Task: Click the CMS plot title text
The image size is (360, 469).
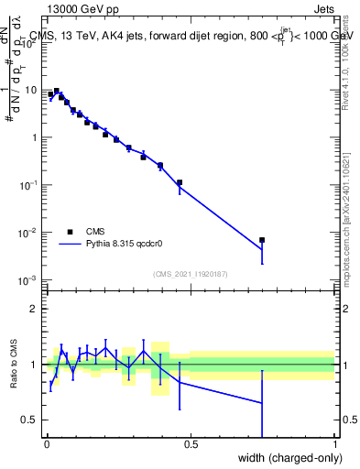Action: pyautogui.click(x=193, y=36)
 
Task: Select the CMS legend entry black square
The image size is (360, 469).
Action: pyautogui.click(x=70, y=232)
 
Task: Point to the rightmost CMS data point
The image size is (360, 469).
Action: pyautogui.click(x=262, y=240)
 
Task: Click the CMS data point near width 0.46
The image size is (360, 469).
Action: pyautogui.click(x=180, y=182)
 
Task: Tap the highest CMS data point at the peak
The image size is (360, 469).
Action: pyautogui.click(x=57, y=91)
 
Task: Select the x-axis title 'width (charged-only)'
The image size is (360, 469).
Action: pyautogui.click(x=285, y=457)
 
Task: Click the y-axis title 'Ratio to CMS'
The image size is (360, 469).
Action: pyautogui.click(x=13, y=365)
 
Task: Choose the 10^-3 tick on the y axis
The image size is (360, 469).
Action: pyautogui.click(x=29, y=280)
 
